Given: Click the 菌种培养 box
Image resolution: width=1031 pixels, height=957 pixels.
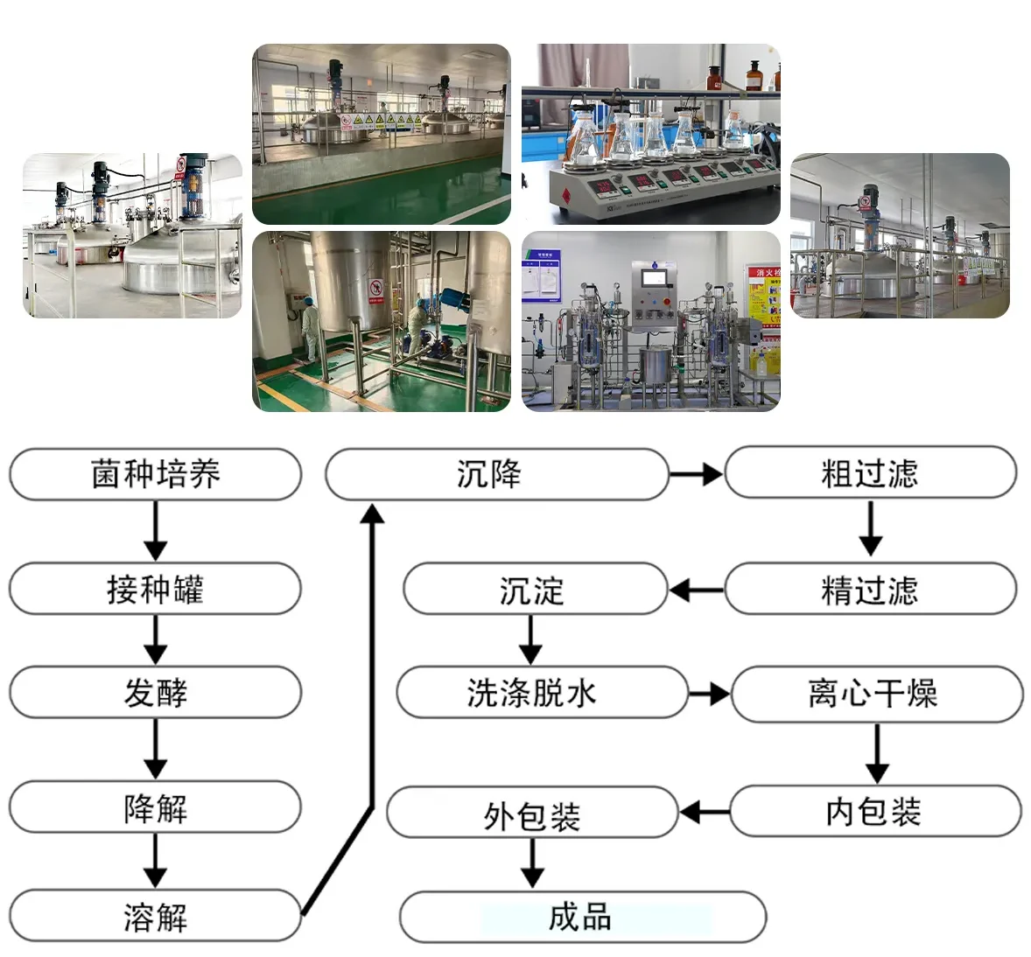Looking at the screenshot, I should click(x=155, y=474).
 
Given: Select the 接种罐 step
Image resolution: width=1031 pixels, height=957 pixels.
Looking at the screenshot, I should click(x=155, y=589).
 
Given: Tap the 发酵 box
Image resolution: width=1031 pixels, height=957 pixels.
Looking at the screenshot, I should click(x=155, y=693).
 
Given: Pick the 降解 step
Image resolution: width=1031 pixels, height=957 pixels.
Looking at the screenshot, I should click(x=155, y=807).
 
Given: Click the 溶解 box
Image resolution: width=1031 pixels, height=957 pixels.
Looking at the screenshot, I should click(x=155, y=917).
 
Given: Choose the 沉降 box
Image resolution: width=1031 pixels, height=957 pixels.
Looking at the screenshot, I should click(x=496, y=474).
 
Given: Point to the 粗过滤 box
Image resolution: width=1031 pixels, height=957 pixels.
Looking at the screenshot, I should click(x=870, y=472).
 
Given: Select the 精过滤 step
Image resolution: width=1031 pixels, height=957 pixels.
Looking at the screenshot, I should click(x=870, y=590).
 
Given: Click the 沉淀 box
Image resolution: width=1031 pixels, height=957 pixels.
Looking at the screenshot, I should click(x=534, y=590).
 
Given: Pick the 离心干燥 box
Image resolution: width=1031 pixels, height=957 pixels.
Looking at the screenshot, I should click(x=876, y=694).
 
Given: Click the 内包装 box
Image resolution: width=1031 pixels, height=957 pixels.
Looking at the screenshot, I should click(x=875, y=811).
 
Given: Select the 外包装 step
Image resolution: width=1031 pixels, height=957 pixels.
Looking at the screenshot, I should click(x=532, y=814).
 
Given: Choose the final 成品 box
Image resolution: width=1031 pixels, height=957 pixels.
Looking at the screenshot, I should click(x=582, y=917).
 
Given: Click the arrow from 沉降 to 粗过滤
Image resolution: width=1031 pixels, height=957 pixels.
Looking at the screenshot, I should click(x=697, y=474).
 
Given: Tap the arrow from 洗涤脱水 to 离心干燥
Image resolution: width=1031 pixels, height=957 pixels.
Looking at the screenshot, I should click(x=709, y=695).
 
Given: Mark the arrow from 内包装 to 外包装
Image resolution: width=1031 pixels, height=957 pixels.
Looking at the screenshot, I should click(x=705, y=813).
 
